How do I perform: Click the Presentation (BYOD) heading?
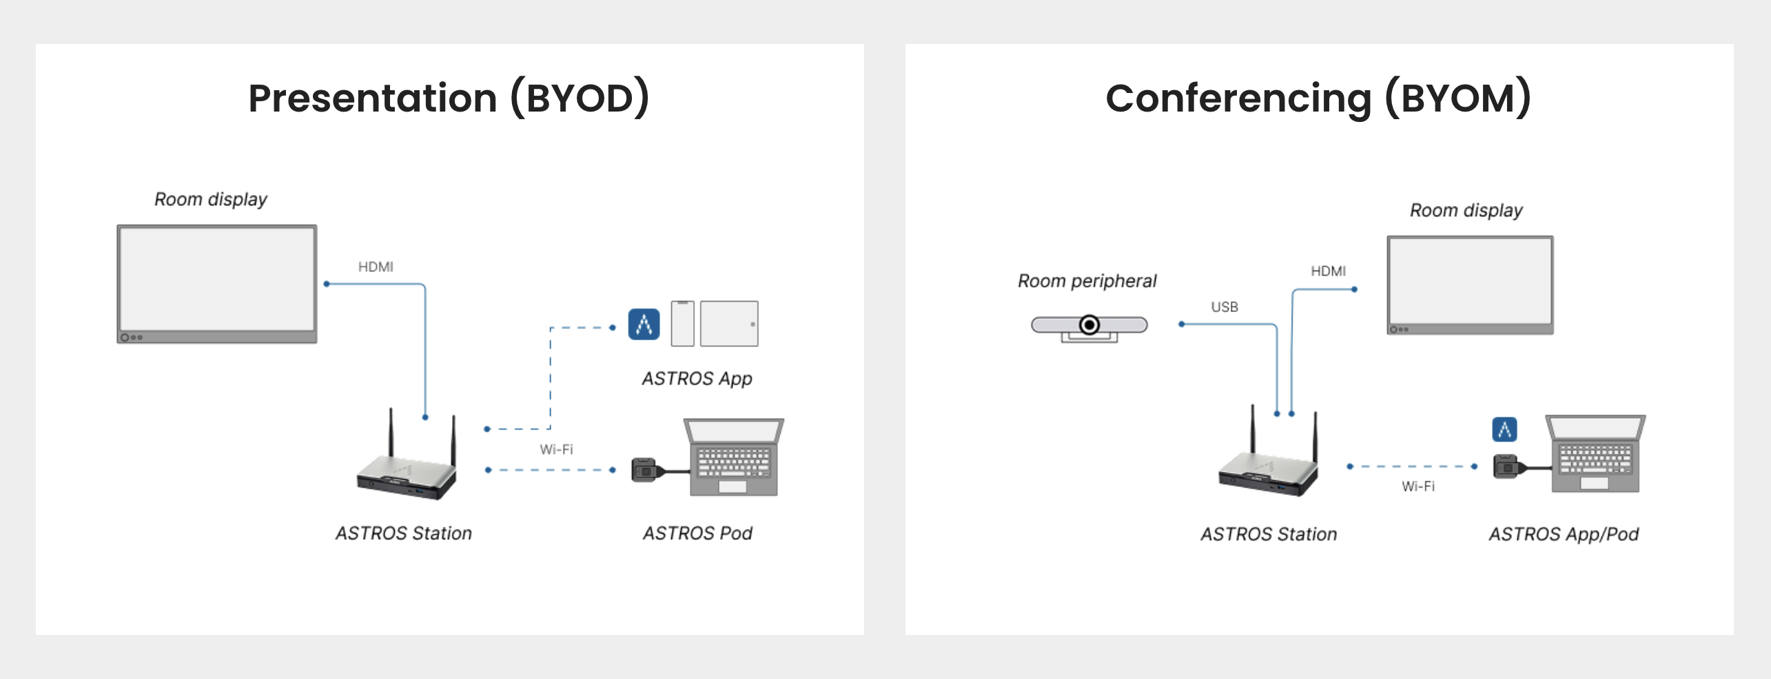449,98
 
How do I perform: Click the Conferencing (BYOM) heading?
1318,98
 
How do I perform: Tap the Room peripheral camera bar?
1089,326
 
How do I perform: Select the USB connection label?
1225,307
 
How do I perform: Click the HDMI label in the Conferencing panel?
1328,271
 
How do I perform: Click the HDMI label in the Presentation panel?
376,267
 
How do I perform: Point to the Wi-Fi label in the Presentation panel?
556,450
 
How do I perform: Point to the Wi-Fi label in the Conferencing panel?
1418,487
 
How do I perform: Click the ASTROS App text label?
697,379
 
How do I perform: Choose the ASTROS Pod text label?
697,534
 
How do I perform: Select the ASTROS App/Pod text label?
1564,534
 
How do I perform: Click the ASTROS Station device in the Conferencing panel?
1269,465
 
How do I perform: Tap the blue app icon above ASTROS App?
644,324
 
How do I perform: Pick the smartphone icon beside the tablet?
682,324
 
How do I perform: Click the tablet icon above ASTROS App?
729,324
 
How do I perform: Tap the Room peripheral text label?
1087,281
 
